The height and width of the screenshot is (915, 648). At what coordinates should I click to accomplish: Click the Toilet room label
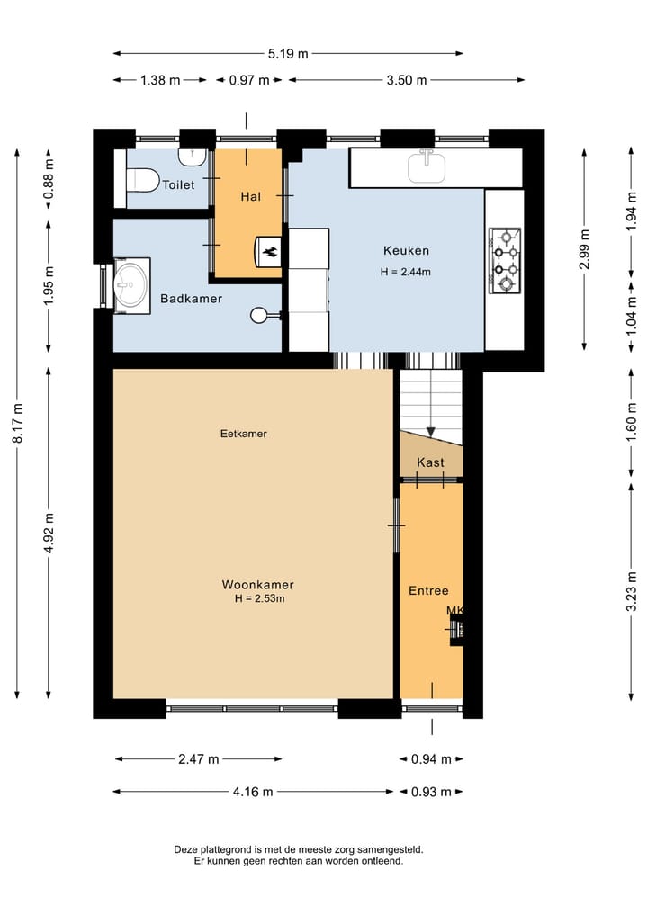(x=178, y=185)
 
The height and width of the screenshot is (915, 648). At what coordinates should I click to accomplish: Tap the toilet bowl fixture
(x=142, y=180)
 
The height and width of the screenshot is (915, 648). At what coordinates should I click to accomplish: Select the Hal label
(x=251, y=197)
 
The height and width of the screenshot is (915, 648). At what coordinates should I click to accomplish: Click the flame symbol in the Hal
(x=270, y=252)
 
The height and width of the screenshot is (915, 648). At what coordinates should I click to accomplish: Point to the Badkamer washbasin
(x=131, y=285)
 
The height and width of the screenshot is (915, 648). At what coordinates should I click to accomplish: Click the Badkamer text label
(x=192, y=299)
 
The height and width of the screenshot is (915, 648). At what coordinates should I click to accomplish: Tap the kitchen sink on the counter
(x=427, y=166)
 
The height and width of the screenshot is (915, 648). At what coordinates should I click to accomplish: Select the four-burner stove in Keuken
(x=505, y=260)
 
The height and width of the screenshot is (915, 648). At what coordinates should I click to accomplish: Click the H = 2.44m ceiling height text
(x=406, y=272)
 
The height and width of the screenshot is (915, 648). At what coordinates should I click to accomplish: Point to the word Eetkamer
(x=243, y=434)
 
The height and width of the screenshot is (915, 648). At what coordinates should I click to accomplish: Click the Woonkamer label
(x=257, y=585)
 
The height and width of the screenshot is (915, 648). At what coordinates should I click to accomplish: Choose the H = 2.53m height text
(x=260, y=598)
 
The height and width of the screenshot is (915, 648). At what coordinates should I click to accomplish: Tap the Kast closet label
(x=430, y=462)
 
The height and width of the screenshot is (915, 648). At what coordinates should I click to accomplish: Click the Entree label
(x=428, y=590)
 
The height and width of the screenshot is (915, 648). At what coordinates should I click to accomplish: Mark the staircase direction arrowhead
(x=431, y=433)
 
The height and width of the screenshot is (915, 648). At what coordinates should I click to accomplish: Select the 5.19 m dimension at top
(x=288, y=54)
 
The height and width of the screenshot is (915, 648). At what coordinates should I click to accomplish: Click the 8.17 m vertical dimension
(x=18, y=423)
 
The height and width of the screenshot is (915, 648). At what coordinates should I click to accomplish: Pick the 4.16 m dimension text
(x=253, y=792)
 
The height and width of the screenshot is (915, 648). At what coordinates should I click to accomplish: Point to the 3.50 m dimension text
(x=406, y=80)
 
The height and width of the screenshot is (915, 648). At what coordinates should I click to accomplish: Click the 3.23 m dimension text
(x=632, y=592)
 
